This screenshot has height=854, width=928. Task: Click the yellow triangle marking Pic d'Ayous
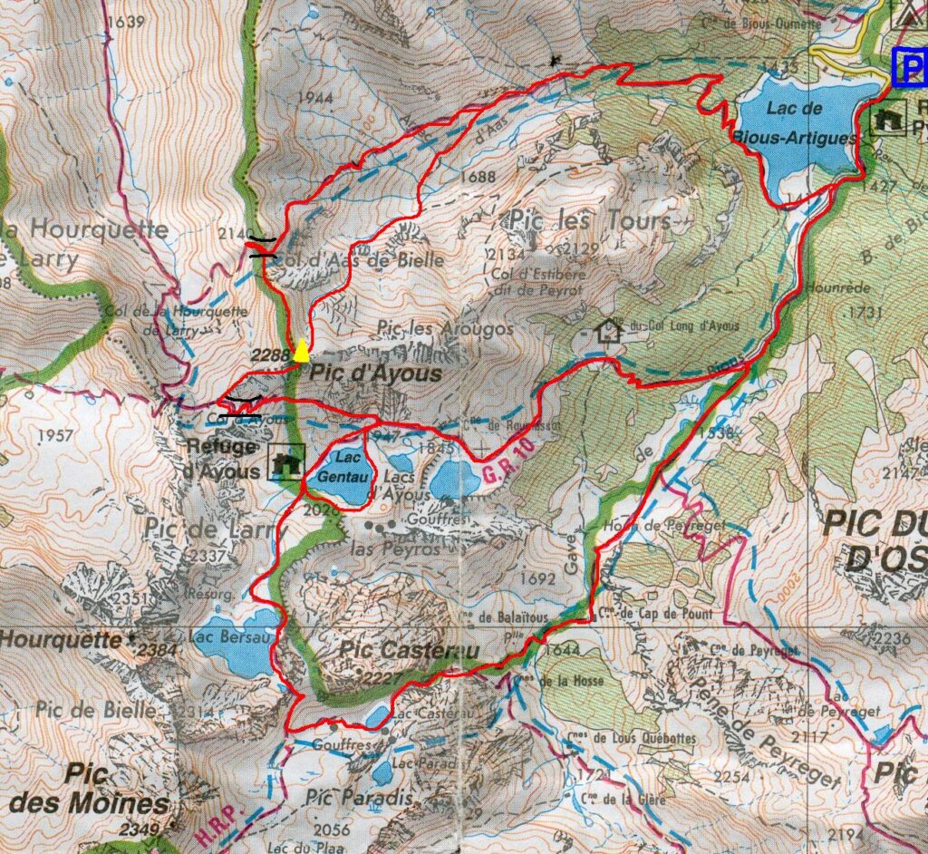300,349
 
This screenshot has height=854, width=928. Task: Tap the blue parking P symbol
911,66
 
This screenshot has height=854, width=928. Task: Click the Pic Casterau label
396,651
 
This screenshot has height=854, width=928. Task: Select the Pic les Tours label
590,219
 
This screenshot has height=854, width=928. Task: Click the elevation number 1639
124,22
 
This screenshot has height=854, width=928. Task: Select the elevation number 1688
478,177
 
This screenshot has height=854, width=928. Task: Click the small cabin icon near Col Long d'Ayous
607,330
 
